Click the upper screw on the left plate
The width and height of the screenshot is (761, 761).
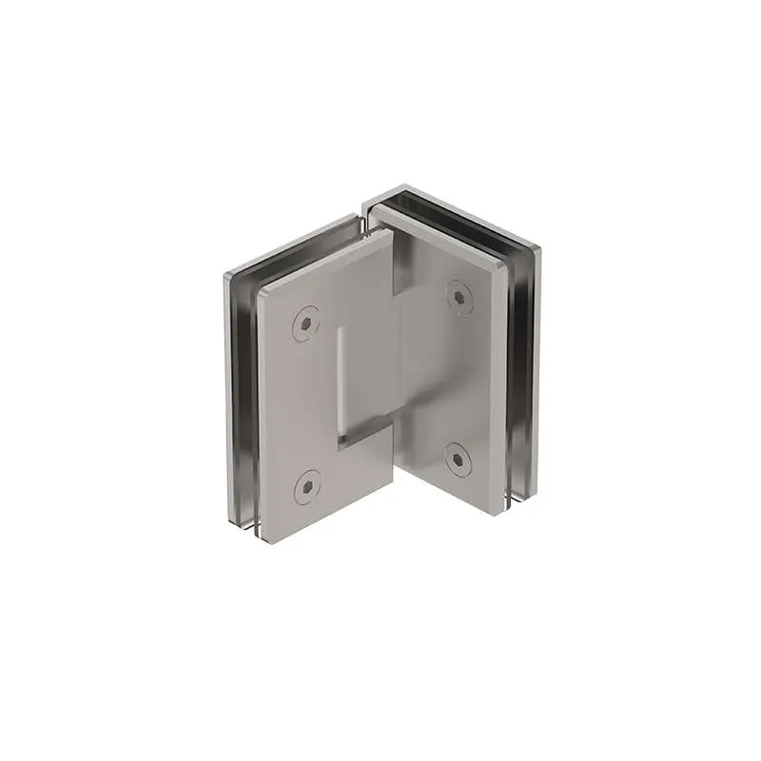coord(305,324)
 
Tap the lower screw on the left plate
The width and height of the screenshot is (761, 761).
coord(305,489)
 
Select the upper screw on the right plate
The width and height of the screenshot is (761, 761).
coord(459,297)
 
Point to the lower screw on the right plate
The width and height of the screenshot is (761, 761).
coord(459,460)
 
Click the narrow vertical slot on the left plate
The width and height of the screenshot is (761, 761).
coord(339,380)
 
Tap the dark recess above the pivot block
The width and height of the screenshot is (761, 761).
coord(400,267)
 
